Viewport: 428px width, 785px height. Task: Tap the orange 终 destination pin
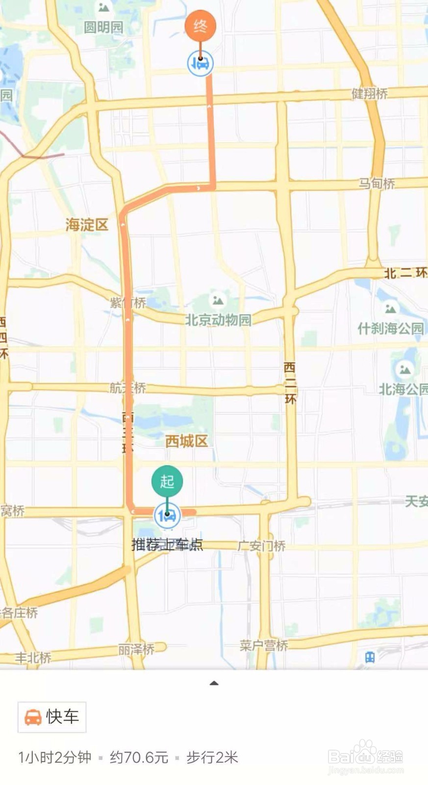(200, 26)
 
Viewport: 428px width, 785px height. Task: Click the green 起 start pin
(167, 481)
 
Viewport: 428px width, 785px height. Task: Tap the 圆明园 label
(103, 27)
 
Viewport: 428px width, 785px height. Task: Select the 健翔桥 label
(370, 93)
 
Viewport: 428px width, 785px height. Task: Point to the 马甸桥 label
(376, 183)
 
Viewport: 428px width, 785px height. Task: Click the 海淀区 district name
(87, 225)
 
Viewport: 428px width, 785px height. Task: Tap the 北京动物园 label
(218, 320)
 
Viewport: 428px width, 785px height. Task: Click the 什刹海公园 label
(390, 328)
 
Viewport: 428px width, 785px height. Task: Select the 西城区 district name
(186, 441)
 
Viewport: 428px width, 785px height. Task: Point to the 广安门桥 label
(261, 546)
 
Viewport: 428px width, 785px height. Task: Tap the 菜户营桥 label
(264, 645)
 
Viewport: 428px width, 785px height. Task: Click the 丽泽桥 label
(136, 650)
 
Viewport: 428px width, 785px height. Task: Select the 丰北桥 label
(33, 657)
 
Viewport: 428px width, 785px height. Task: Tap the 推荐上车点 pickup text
(167, 545)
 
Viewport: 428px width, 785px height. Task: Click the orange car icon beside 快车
(33, 717)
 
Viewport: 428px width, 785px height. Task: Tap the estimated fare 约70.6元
(139, 758)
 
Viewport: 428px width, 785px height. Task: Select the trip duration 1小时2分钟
(55, 758)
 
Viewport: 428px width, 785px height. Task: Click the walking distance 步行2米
(212, 758)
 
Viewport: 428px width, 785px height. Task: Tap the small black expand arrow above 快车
(214, 683)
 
